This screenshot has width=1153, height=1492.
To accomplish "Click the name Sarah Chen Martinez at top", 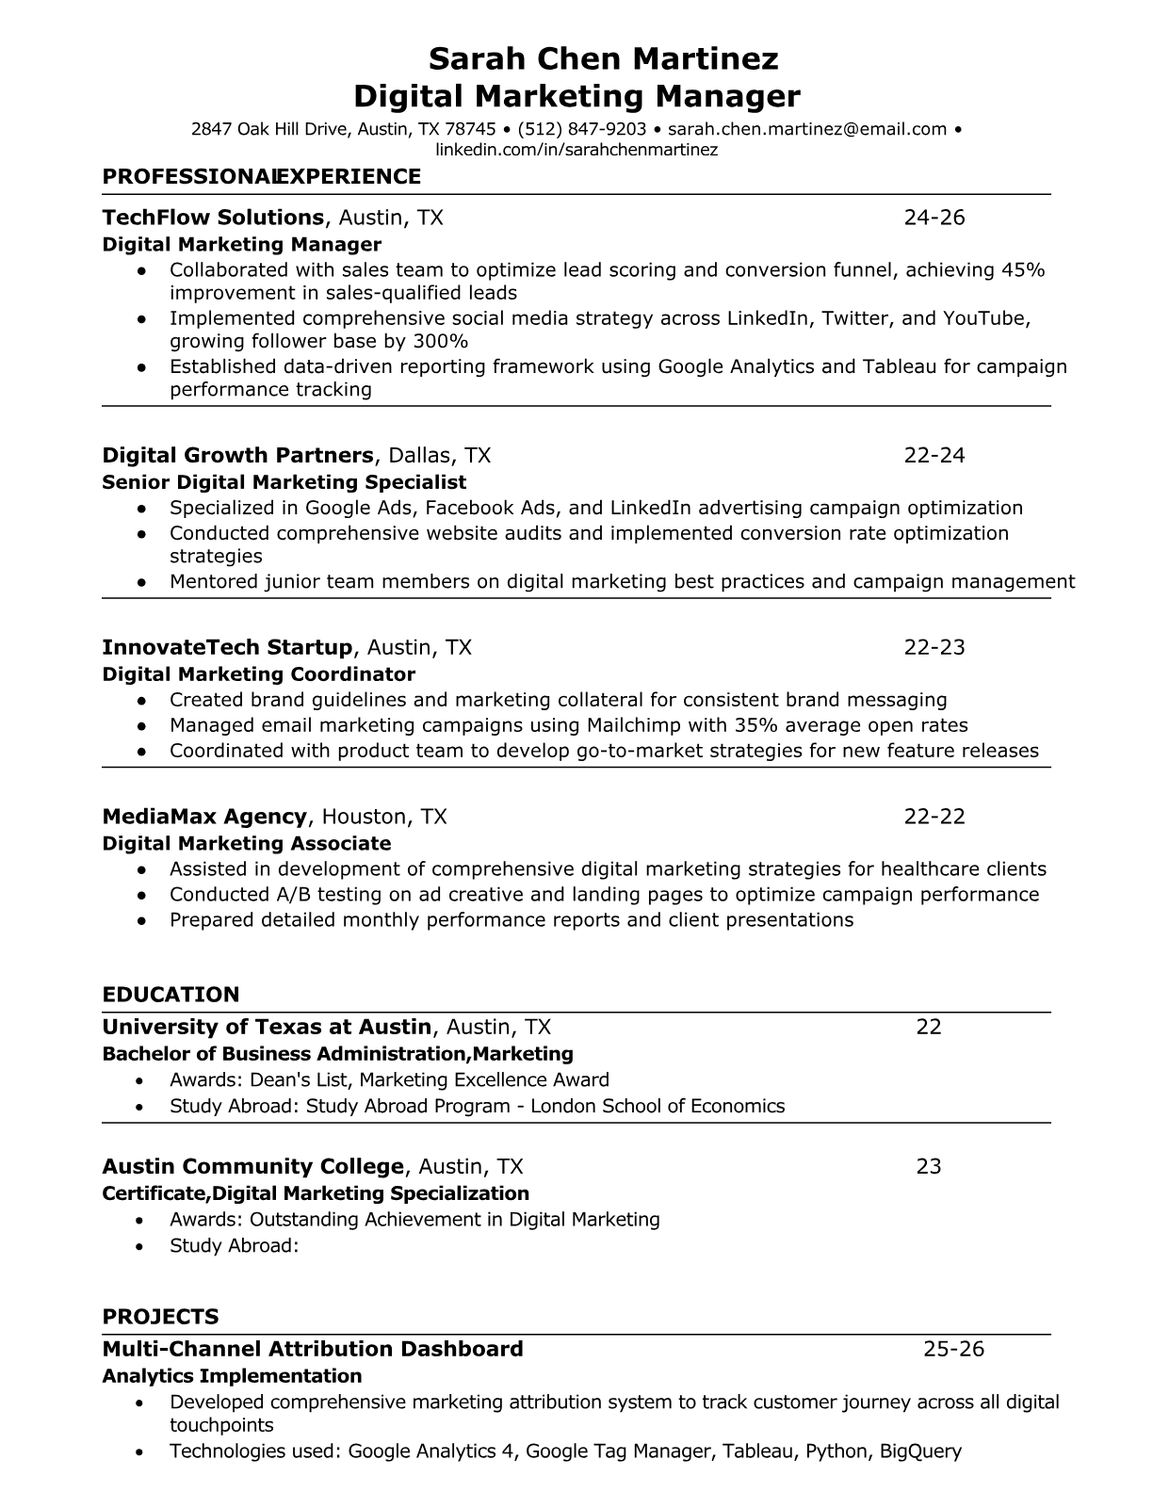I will [x=603, y=59].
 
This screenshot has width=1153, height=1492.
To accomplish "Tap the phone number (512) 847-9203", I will [x=582, y=129].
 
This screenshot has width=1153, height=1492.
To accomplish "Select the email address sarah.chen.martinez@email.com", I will [x=807, y=129].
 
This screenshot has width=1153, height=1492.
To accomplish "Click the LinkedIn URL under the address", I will [x=576, y=150].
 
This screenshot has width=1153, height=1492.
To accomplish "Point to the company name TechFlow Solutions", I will [x=213, y=218].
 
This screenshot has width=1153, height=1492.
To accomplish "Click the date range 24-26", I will [x=934, y=218].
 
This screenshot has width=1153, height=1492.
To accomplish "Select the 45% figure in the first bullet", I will [x=1023, y=270].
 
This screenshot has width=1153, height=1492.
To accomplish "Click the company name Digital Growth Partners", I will [x=237, y=456].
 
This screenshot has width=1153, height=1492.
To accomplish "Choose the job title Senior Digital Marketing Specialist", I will [x=284, y=482].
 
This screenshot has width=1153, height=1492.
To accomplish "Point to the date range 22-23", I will [x=934, y=647].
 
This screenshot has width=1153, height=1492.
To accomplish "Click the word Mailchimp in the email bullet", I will [x=627, y=725].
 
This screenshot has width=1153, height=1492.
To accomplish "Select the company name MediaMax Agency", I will [x=204, y=817].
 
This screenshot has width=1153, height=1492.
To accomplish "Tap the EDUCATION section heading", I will [x=171, y=995].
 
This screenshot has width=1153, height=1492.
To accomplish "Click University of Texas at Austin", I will [x=267, y=1027].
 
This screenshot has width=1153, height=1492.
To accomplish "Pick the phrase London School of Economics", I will [x=658, y=1106].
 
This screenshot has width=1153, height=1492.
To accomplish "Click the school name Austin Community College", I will [x=252, y=1167].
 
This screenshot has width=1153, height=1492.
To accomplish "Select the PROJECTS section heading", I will [x=160, y=1317].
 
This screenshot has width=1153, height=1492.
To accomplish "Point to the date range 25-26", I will [x=953, y=1349].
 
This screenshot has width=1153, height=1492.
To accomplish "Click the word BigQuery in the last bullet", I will [x=920, y=1451].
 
